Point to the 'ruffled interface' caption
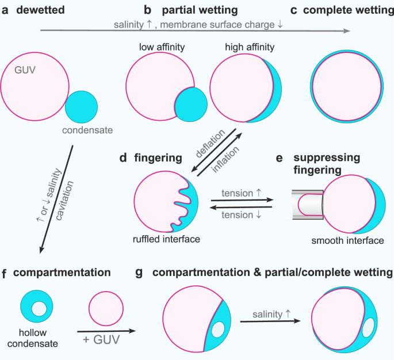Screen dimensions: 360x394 [x=165, y=239]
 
